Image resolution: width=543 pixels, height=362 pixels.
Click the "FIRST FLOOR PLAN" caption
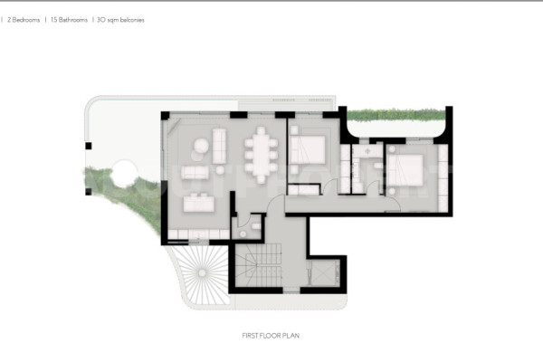tap(271, 336)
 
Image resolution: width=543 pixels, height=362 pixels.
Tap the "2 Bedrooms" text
tap(24, 20)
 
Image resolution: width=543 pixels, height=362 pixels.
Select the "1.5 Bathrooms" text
tap(69, 20)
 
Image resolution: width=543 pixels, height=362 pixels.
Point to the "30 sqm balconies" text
tap(120, 20)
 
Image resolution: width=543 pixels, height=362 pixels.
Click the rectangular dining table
tap(261, 155)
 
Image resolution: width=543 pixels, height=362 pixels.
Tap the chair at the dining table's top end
tap(261, 130)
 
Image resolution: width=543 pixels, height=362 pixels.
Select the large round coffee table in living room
tap(201, 146)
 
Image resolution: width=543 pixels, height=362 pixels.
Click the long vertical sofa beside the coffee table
tap(219, 146)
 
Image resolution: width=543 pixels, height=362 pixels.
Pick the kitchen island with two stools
tap(199, 203)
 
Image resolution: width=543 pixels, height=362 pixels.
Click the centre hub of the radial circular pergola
tap(202, 273)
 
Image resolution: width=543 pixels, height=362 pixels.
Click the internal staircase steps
tap(259, 265)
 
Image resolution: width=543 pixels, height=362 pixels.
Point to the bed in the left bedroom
tap(308, 149)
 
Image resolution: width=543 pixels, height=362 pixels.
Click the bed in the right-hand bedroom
tap(405, 170)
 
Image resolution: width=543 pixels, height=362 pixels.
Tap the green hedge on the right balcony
tap(396, 115)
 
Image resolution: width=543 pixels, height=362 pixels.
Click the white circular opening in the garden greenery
tap(124, 174)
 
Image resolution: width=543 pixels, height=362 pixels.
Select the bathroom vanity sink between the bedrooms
tap(367, 151)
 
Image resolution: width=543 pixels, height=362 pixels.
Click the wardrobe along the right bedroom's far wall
tap(443, 177)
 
